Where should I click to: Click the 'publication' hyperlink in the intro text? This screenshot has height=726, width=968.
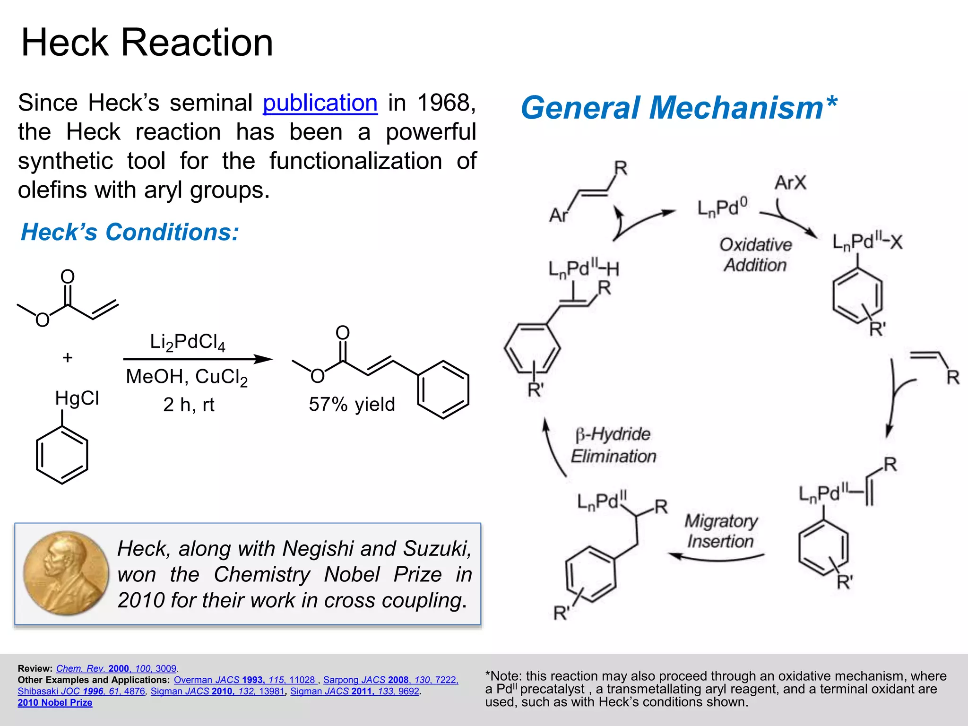[320, 103]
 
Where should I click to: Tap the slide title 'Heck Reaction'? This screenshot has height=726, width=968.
[147, 43]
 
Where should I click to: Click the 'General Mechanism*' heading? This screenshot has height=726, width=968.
[679, 108]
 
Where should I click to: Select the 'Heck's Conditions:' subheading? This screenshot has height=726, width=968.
[130, 232]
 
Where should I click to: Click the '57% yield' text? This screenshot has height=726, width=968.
[352, 405]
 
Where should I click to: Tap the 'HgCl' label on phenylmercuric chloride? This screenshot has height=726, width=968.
[77, 398]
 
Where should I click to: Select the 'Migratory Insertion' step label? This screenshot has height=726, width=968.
[721, 531]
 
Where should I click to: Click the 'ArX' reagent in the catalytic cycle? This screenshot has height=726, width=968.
[790, 182]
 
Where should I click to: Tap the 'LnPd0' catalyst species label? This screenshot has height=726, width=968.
[723, 207]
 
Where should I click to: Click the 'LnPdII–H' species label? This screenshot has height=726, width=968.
[584, 268]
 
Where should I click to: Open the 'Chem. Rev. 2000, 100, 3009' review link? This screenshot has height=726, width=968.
[116, 668]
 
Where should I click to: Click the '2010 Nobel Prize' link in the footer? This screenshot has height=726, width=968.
[55, 703]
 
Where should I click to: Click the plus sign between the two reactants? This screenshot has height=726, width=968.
[68, 357]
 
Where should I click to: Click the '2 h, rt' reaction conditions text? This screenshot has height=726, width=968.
[189, 405]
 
